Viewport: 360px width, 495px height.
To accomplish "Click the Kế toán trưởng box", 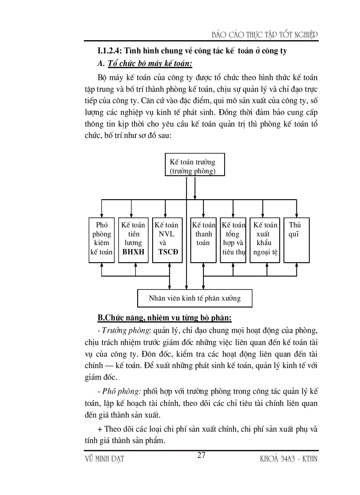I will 195,165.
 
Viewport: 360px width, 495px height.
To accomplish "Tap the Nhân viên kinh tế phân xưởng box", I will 195,298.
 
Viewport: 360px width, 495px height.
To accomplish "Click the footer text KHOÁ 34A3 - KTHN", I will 289,459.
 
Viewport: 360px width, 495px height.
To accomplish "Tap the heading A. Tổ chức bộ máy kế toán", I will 145,64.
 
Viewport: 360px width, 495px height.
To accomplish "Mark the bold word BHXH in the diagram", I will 133,252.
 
